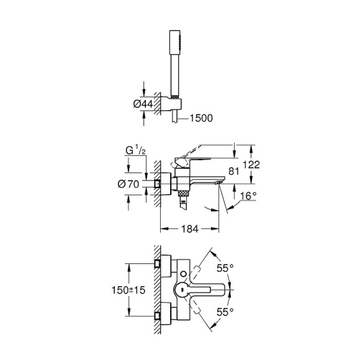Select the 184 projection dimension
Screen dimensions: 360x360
[189, 229]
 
